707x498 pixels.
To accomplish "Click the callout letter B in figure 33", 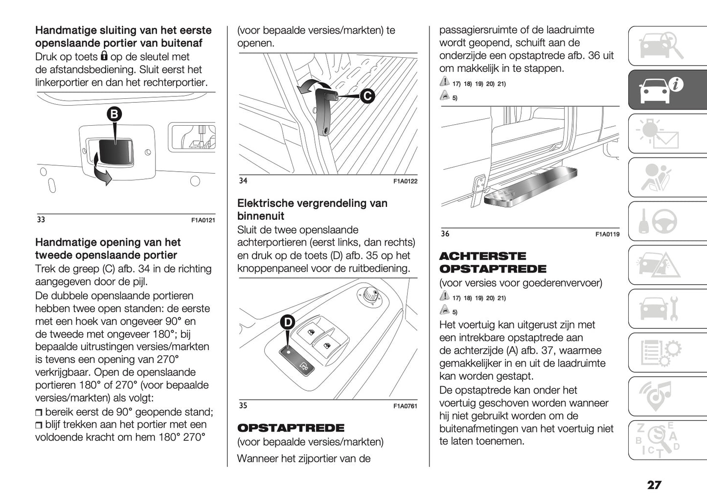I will point(114,114).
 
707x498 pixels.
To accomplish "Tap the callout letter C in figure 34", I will point(367,96).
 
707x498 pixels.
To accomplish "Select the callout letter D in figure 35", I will point(288,322).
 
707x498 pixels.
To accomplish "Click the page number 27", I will point(654,485).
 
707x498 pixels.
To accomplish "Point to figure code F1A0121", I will point(203,221).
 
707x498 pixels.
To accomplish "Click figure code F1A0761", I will point(405,406).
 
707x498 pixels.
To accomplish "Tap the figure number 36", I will point(445,234).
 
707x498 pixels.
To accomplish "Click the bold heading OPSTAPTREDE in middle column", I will point(291,428).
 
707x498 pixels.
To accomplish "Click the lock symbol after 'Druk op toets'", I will point(104,56).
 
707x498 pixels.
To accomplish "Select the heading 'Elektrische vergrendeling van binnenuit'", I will point(312,209).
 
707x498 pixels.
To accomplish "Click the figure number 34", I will point(243,181).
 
